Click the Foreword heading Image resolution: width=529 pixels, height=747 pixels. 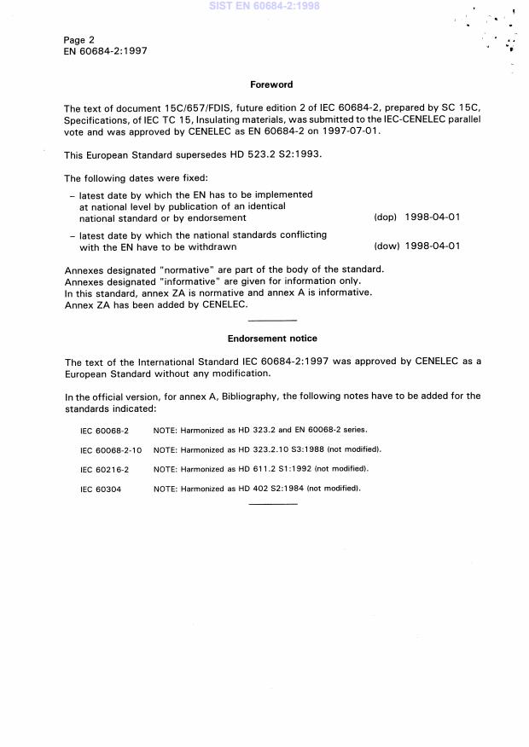tap(271, 84)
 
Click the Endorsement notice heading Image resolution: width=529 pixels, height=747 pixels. tap(272, 339)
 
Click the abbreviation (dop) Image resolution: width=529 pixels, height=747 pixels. tap(386, 217)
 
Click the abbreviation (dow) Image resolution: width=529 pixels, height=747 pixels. tap(386, 246)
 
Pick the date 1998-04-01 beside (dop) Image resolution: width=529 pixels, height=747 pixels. tap(433, 217)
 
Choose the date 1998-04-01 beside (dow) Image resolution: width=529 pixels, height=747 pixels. tap(433, 246)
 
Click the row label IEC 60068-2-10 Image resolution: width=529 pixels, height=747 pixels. tap(111, 449)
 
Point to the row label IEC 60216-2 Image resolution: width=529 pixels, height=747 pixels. tap(104, 469)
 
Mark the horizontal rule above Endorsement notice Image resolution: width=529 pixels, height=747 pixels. tap(272, 321)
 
